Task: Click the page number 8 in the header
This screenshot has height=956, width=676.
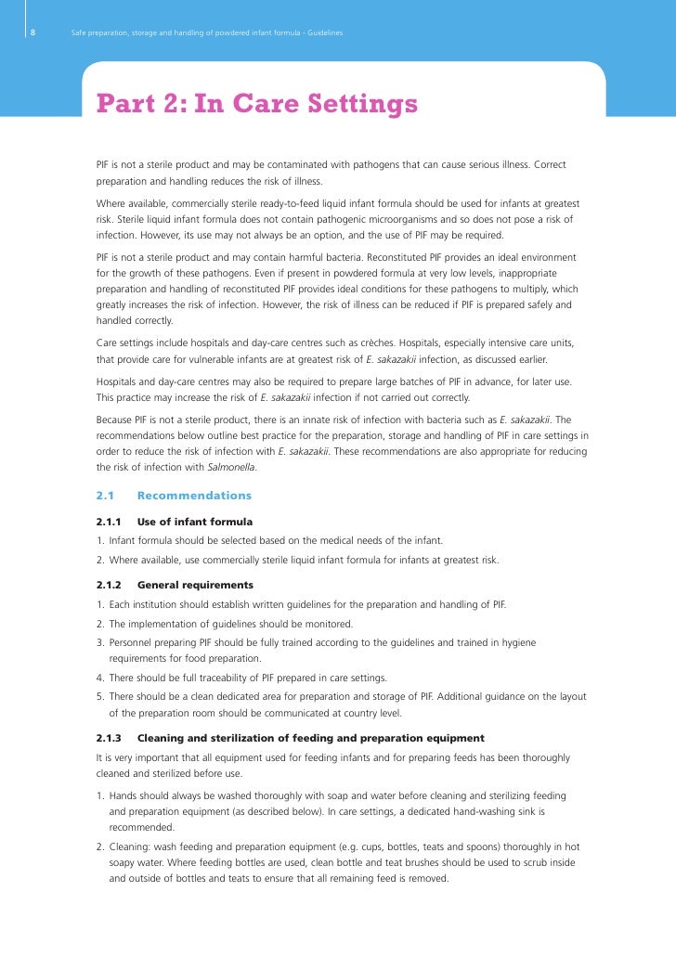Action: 32,33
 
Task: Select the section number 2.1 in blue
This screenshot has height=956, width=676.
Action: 105,496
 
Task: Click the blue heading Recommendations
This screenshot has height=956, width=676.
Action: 194,496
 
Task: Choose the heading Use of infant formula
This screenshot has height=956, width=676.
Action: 194,522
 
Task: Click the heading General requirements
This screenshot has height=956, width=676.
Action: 195,586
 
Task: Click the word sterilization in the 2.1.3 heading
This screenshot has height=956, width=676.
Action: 242,738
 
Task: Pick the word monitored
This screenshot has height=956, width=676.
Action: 326,624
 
